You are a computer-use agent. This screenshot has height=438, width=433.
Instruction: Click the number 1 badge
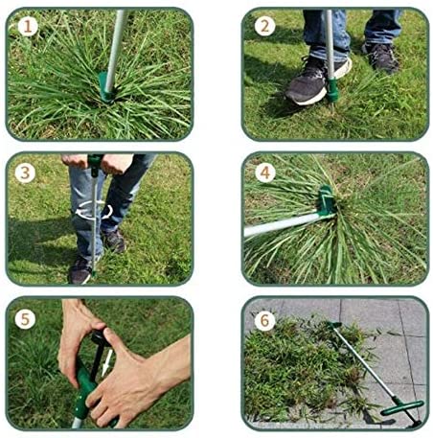[28, 27]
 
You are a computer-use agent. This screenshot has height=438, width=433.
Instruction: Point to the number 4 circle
[264, 173]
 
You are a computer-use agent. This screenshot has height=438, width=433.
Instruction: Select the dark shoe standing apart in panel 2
[381, 58]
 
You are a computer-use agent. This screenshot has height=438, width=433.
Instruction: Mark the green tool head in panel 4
[326, 204]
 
